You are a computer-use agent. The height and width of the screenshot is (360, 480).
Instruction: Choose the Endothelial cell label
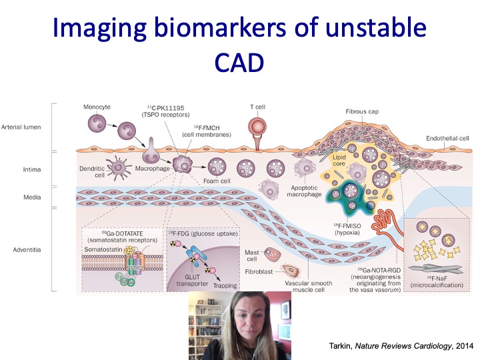tap(447, 138)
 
